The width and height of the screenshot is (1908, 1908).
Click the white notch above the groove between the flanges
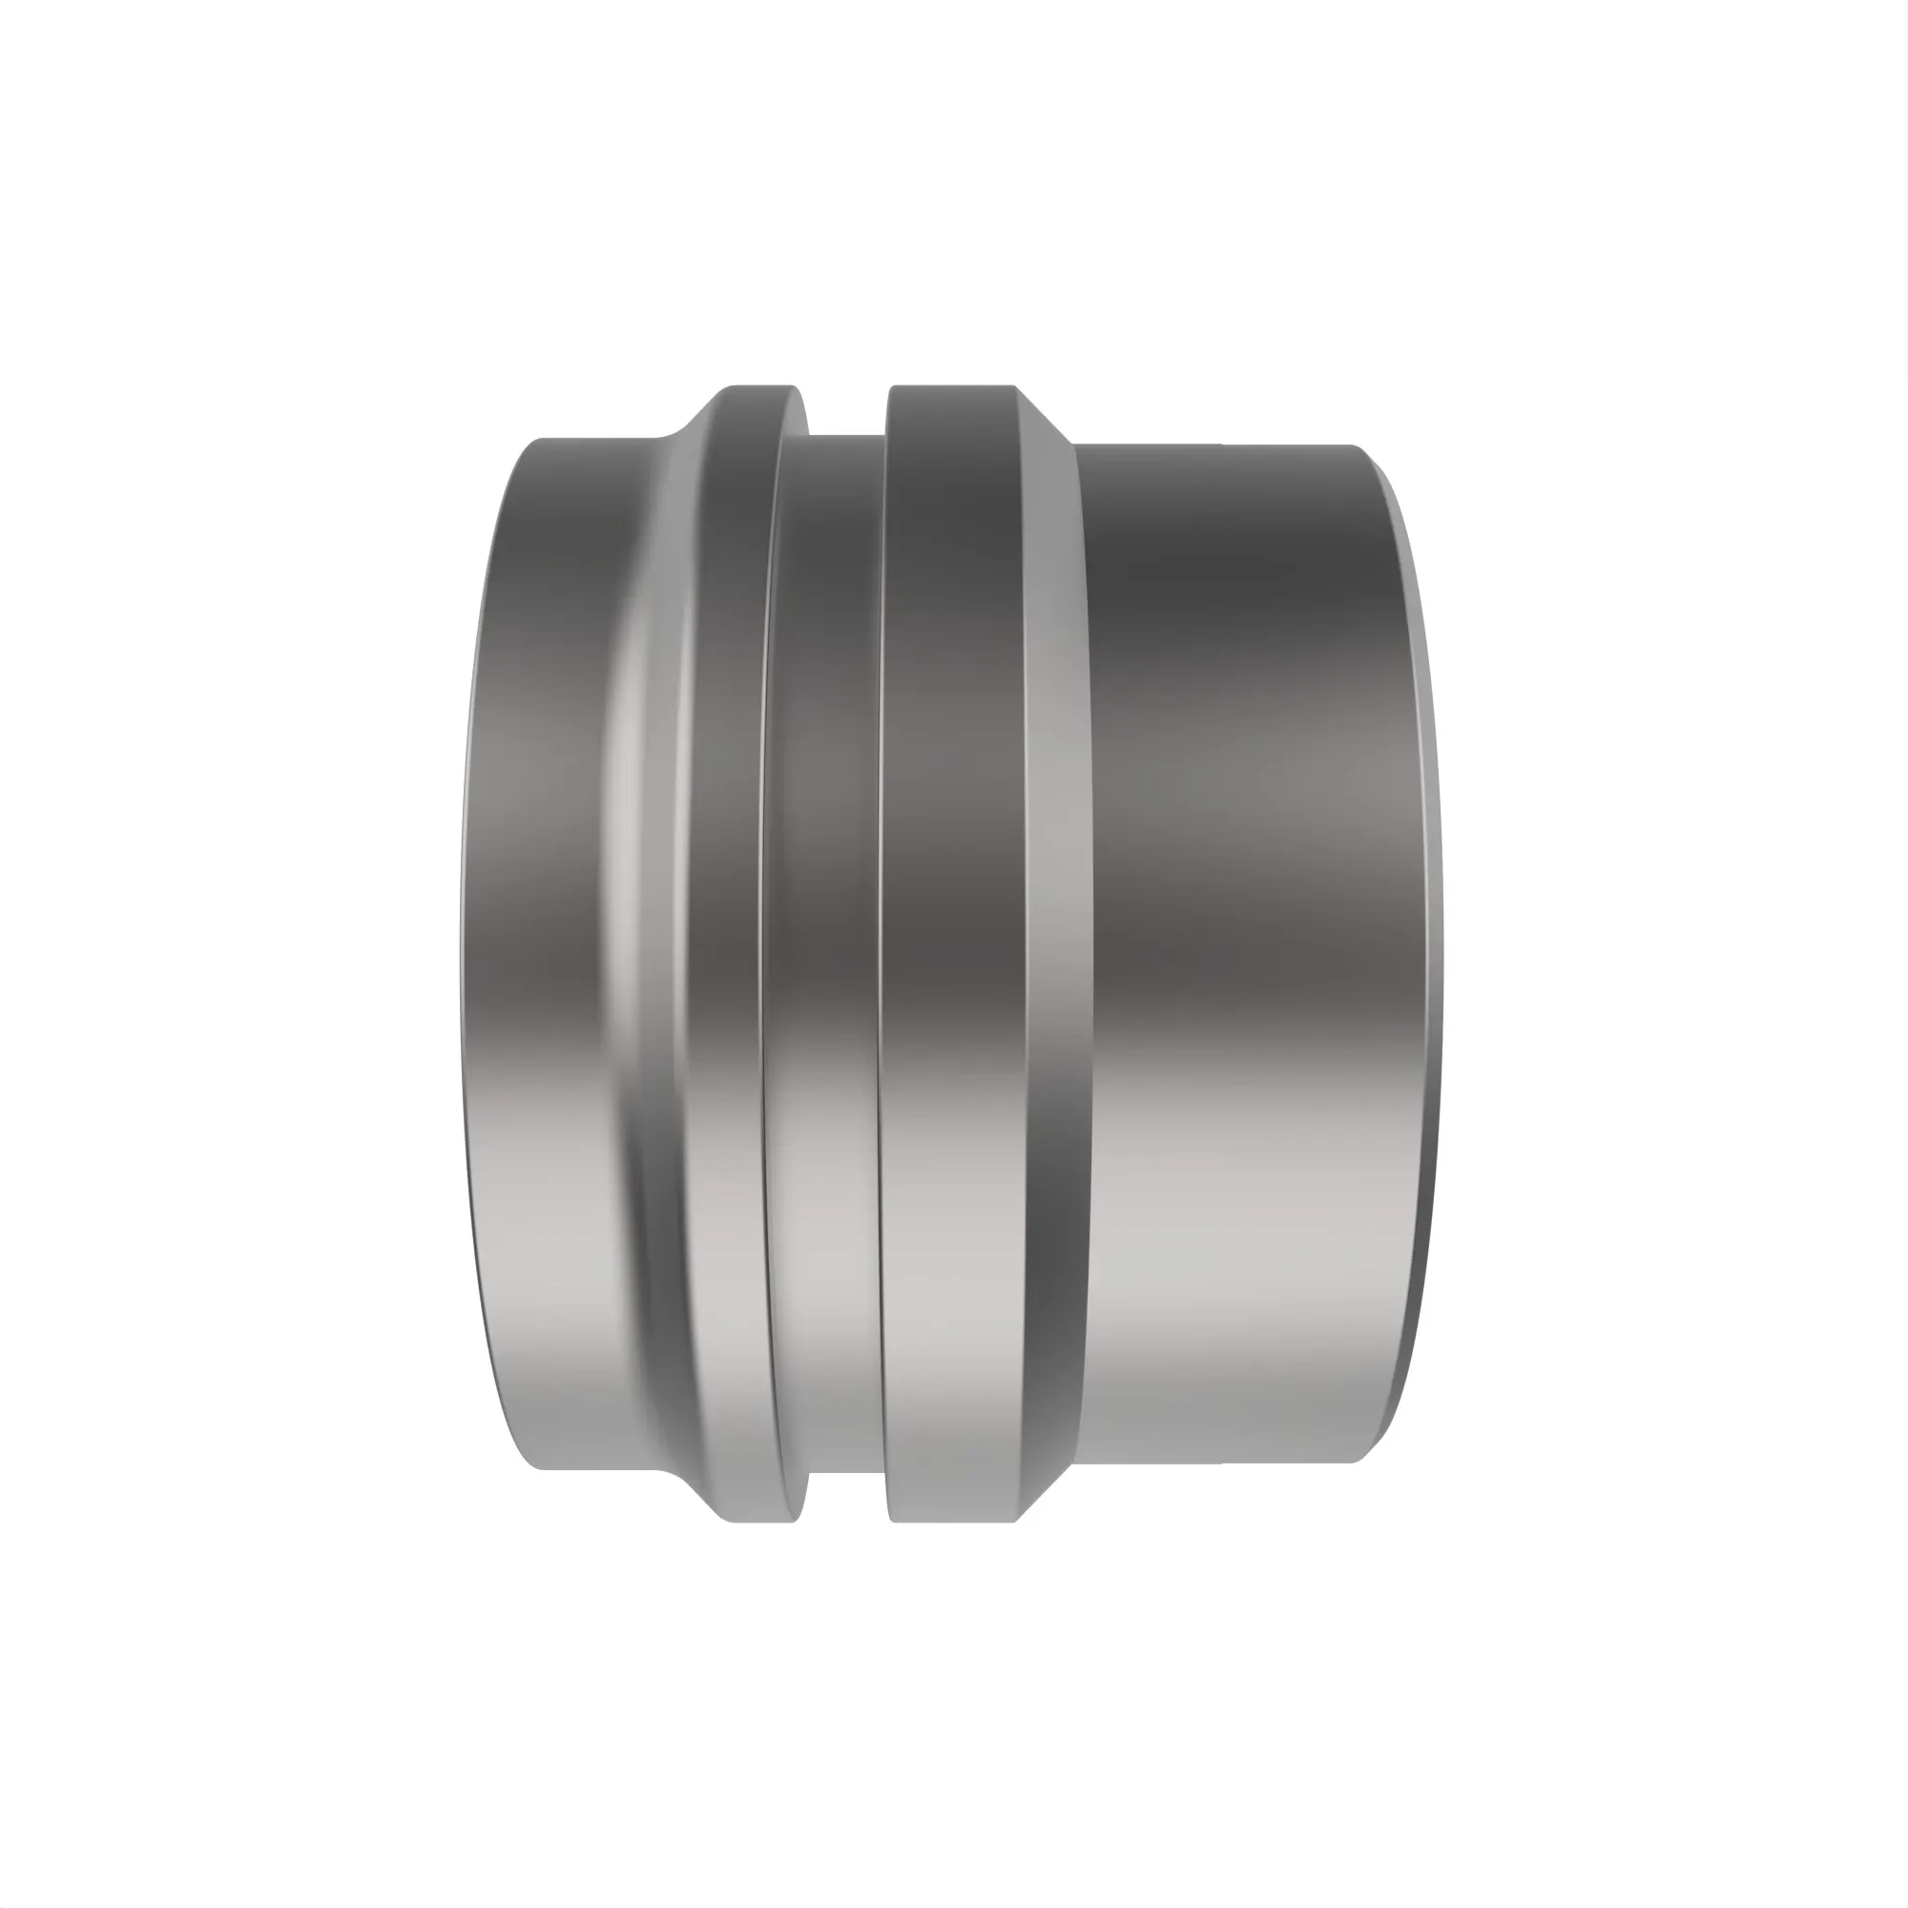847,410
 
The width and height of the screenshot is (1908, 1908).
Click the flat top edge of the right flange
953,386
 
